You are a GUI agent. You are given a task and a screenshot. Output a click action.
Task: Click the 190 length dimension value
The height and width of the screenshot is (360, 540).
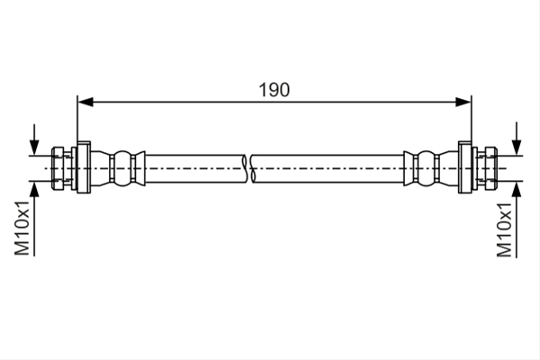coord(274,90)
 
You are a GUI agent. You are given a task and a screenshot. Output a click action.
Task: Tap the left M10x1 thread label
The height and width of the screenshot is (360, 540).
coord(22,228)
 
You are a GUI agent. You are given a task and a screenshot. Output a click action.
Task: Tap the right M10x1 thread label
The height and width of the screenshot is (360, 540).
coord(504,229)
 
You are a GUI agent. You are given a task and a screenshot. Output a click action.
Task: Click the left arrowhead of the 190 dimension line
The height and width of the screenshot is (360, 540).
coord(85,102)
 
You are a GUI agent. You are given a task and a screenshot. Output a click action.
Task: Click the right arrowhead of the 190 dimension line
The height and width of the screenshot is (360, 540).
coord(463,102)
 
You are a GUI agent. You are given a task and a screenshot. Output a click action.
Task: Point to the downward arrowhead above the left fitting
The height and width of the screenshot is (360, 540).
coord(34,148)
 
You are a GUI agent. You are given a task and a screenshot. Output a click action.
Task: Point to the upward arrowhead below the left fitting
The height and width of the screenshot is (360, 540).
coord(34,189)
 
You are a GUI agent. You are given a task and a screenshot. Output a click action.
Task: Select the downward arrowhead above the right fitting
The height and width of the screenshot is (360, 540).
coord(517,148)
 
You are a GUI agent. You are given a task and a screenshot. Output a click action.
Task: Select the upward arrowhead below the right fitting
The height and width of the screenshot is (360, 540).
coord(517,189)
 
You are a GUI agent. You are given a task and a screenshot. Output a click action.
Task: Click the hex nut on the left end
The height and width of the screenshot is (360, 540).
coord(58,168)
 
